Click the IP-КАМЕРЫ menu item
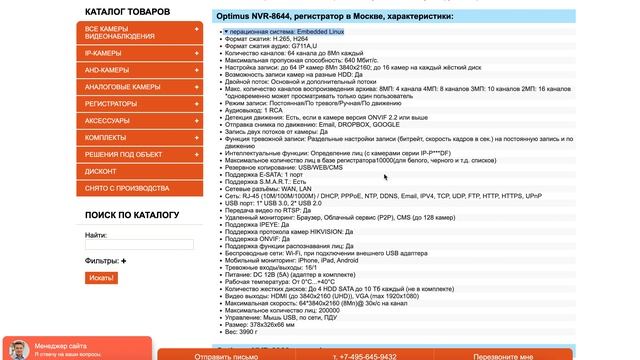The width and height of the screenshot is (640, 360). [104, 53]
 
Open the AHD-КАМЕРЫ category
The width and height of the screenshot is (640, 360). [107, 70]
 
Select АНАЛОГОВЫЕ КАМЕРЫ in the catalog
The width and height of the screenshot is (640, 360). [122, 87]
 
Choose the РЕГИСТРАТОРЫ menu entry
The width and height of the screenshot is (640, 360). [111, 104]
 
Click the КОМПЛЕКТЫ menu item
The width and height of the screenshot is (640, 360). [106, 137]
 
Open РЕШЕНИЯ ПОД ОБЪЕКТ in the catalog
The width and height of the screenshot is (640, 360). [124, 154]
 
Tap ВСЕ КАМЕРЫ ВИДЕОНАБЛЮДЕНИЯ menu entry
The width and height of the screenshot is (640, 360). [120, 33]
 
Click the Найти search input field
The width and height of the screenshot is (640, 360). [125, 244]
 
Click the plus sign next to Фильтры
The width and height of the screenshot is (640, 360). [124, 261]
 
